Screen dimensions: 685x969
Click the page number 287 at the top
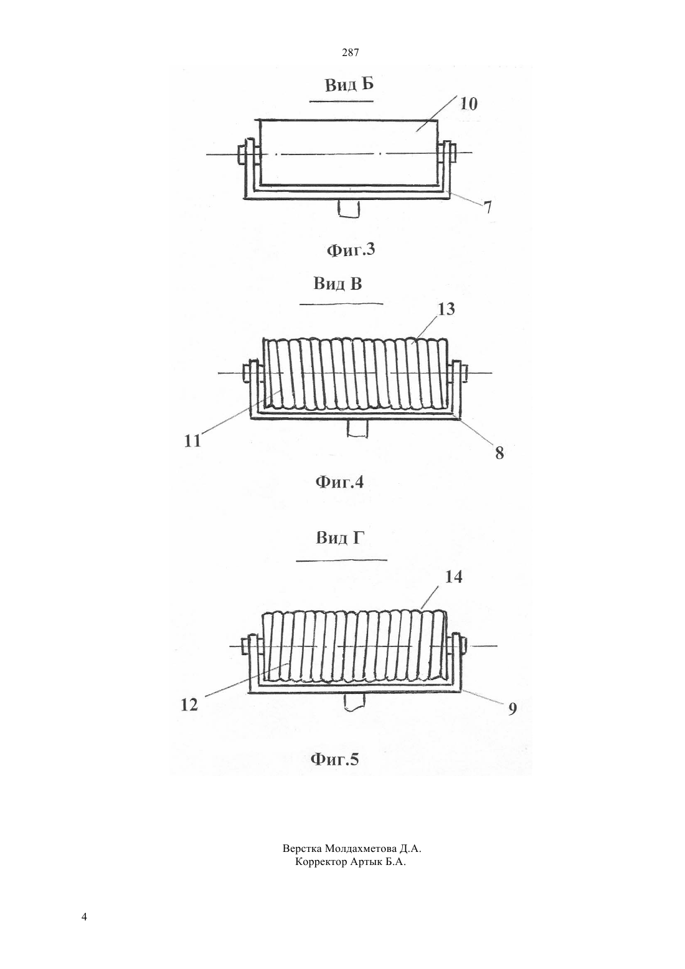pos(350,53)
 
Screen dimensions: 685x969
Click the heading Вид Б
pos(349,84)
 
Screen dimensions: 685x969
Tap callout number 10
pos(468,104)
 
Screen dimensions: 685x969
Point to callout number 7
pos(488,207)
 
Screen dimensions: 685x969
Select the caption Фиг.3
pos(351,250)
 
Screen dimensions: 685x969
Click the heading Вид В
pos(338,284)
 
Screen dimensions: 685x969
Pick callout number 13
pos(446,309)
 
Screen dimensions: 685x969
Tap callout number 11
pos(193,441)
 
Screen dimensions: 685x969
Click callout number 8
pos(499,453)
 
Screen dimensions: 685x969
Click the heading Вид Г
pos(341,538)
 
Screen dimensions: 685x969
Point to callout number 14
pos(453,577)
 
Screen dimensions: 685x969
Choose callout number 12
pos(189,705)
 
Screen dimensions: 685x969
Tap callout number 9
pos(513,709)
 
